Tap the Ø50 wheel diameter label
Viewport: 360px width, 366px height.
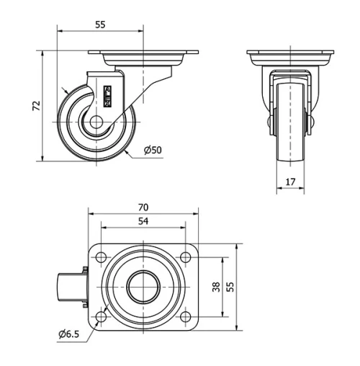[151, 150]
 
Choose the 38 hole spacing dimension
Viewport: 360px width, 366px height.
[216, 287]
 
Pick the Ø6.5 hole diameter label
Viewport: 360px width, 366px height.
[69, 334]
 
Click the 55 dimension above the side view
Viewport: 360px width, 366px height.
[100, 24]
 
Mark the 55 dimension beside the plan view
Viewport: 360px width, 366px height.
[230, 287]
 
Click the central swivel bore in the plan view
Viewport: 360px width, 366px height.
[143, 287]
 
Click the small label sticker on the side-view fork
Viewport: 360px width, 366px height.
[109, 96]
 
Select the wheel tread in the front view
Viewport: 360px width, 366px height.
[291, 137]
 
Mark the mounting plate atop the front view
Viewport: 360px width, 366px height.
[291, 53]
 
